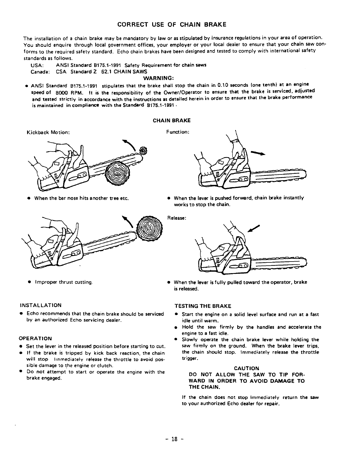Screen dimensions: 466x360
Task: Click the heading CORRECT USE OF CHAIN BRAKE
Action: point(172,24)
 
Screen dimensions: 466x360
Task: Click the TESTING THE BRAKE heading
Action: point(203,306)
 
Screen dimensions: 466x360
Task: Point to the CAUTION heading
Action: point(246,368)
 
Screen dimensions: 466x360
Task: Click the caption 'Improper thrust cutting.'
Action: point(64,282)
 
